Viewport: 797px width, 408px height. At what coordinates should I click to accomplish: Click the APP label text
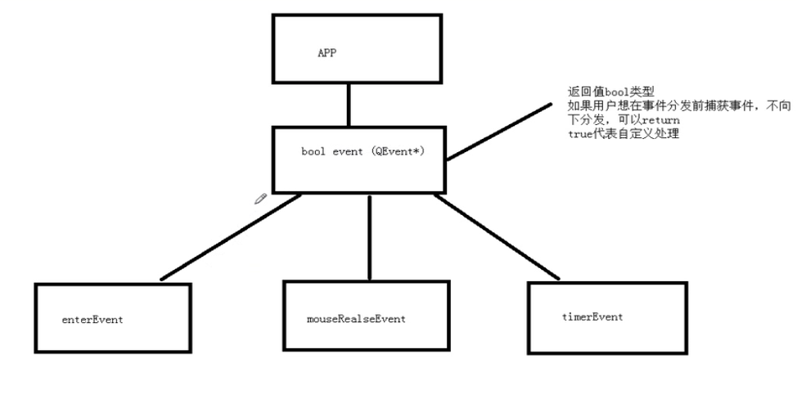tap(326, 53)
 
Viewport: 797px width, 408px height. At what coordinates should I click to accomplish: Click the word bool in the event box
tap(313, 152)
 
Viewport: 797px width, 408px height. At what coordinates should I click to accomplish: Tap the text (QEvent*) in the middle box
tap(396, 152)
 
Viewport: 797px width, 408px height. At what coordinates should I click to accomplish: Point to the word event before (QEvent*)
tap(349, 152)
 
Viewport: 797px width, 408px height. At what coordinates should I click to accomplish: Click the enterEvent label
tap(92, 320)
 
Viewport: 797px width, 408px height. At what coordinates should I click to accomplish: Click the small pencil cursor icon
tap(261, 198)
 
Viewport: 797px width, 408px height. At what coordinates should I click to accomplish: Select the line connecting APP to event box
tap(349, 105)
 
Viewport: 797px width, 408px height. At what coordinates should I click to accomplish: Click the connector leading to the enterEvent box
tap(231, 238)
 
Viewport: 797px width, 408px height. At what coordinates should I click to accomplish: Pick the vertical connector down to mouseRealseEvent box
tap(370, 237)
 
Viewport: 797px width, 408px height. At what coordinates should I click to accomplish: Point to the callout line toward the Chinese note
tap(498, 130)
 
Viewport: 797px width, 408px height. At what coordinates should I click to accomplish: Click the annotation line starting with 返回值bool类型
tap(610, 91)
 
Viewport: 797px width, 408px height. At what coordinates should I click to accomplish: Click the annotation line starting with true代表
tap(623, 134)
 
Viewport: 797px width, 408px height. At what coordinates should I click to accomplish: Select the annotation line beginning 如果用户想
tap(678, 105)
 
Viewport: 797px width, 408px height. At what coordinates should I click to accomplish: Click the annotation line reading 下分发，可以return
tap(624, 120)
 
